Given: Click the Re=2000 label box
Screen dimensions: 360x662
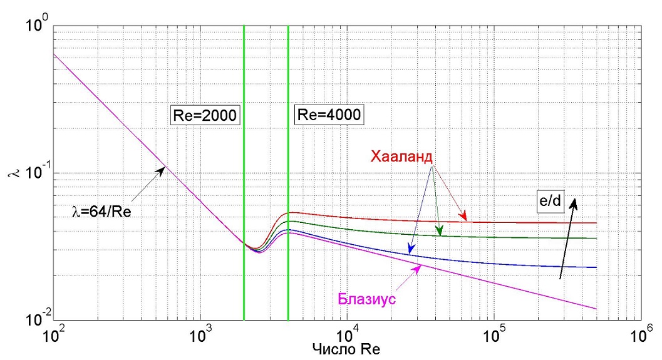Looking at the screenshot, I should tap(205, 115).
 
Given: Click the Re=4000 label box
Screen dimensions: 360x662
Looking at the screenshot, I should tap(329, 115).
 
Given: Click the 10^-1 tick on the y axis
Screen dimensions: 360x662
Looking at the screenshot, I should tap(35, 173).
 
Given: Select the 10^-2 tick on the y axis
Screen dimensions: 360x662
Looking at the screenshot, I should tap(35, 320).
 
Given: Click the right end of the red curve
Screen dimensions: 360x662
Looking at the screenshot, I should tap(596, 223).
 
